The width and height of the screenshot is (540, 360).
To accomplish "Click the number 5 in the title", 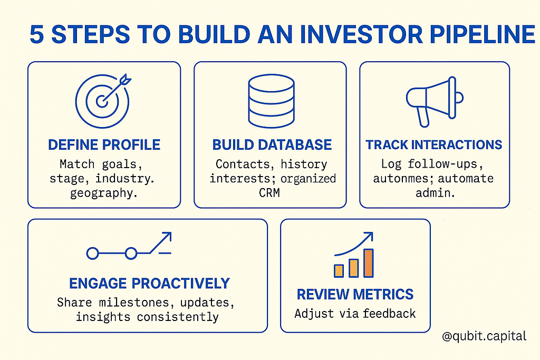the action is [x=37, y=34].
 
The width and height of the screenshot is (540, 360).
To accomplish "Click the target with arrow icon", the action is [x=103, y=101].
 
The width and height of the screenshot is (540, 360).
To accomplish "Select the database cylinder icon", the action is [x=272, y=101].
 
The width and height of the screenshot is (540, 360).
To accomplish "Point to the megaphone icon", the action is [x=435, y=102].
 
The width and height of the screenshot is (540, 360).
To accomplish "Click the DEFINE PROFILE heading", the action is [x=104, y=145].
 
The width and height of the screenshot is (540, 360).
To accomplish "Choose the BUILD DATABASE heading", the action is [x=272, y=145].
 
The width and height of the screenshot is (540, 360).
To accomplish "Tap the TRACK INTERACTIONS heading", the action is [x=434, y=145].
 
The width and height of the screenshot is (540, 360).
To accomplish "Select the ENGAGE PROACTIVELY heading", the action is [x=149, y=284].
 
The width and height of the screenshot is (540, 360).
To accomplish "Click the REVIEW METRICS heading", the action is [x=355, y=295].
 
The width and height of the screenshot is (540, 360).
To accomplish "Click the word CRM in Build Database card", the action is [x=269, y=193].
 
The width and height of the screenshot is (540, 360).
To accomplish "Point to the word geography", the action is [x=104, y=193].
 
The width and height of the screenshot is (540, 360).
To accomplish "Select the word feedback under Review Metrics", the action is [x=389, y=314].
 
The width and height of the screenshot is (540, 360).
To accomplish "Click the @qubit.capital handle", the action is [x=484, y=336].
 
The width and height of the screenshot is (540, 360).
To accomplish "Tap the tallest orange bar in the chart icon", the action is [x=369, y=263].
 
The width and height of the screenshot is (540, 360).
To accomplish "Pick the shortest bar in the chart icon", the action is [x=339, y=271].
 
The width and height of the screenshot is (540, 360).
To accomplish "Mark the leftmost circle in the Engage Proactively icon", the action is [x=92, y=254].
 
